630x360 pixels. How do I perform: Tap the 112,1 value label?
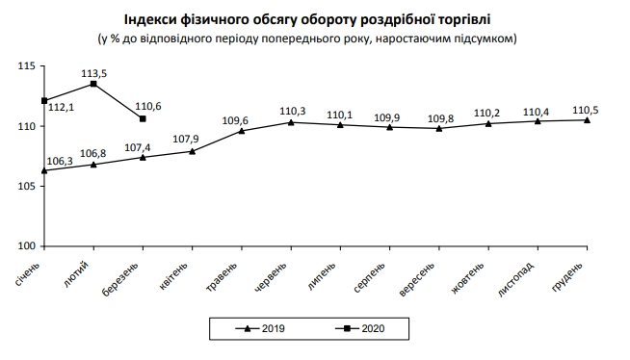pyautogui.click(x=63, y=108)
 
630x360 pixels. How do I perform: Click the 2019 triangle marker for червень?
pyautogui.click(x=291, y=122)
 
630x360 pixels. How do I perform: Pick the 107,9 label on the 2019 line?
pyautogui.click(x=186, y=140)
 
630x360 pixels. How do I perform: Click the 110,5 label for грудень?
pyautogui.click(x=586, y=109)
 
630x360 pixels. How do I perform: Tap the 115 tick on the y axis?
pyautogui.click(x=26, y=65)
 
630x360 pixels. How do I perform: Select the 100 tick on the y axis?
pyautogui.click(x=26, y=246)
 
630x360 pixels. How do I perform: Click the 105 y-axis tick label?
pyautogui.click(x=26, y=187)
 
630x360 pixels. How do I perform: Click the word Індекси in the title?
pyautogui.click(x=150, y=20)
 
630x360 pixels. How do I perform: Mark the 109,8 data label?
pyautogui.click(x=438, y=118)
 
